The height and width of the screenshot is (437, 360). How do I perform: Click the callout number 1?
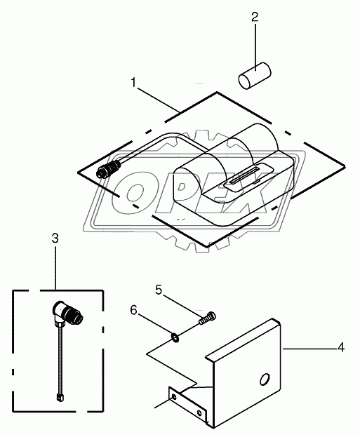134,83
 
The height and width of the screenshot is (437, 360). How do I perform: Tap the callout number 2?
255,17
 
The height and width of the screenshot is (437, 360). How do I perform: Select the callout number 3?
55,238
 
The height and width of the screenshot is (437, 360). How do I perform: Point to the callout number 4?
341,347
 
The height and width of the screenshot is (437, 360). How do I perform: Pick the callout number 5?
159,290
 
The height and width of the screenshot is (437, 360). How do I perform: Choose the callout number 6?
134,310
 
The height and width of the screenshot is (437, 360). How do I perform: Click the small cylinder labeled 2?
255,76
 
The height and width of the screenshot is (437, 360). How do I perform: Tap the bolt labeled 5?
208,318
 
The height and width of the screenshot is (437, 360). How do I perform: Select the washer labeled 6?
175,339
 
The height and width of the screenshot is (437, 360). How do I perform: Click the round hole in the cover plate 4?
265,379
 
